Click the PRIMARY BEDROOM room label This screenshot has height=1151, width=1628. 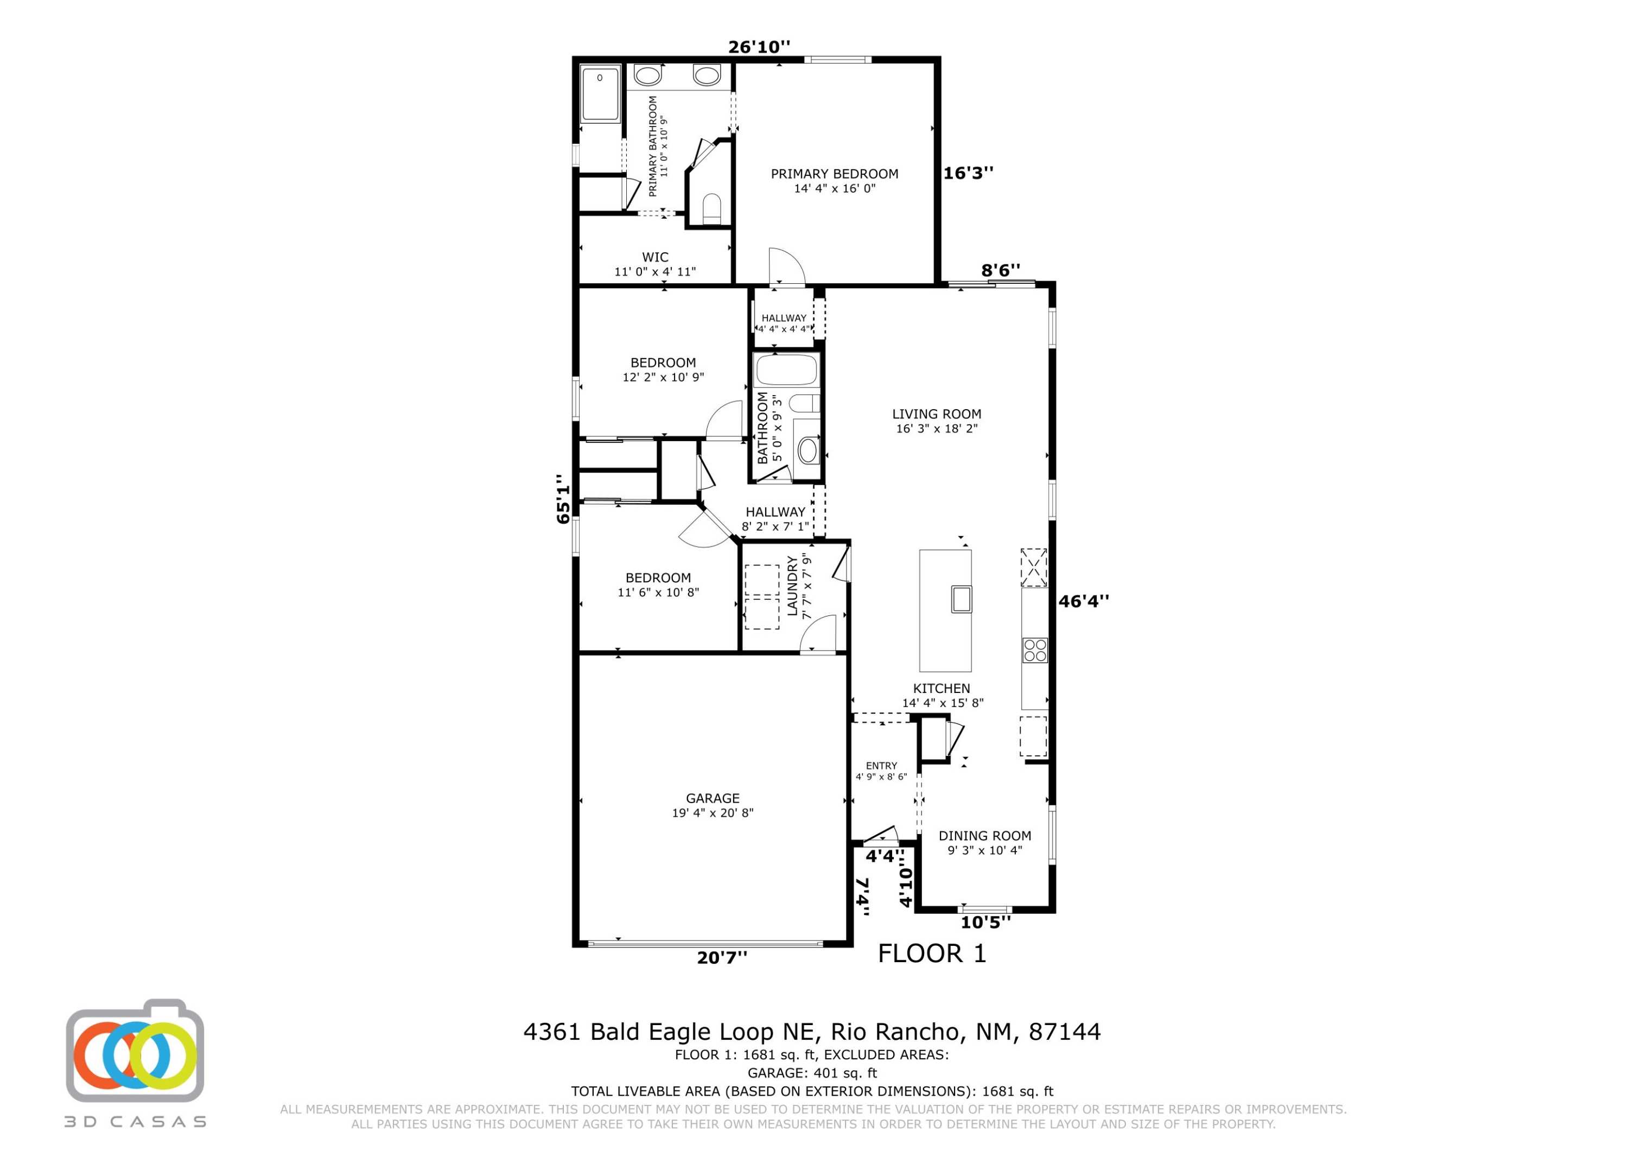[834, 174]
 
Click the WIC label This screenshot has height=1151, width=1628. [654, 257]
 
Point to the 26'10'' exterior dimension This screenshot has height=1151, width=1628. [759, 47]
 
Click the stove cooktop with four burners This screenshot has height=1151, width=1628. [1034, 650]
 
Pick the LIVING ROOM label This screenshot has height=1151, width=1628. [936, 414]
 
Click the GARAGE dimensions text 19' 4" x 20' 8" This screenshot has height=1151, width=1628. [712, 813]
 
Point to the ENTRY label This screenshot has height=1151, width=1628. [881, 766]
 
